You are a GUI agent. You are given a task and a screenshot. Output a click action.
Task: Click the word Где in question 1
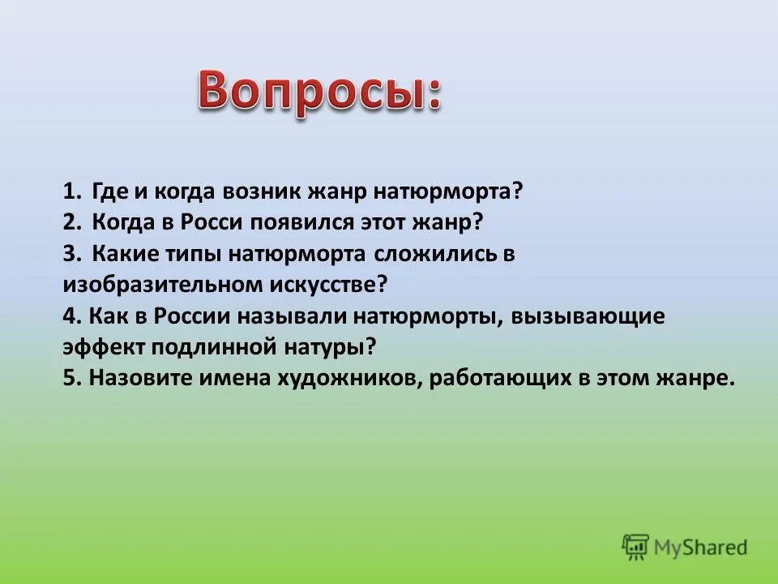click(110, 192)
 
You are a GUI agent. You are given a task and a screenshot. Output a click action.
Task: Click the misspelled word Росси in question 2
click(211, 222)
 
